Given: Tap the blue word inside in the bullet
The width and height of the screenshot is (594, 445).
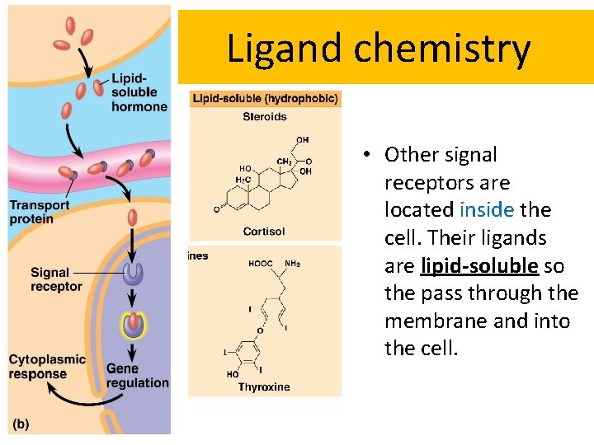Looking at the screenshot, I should pyautogui.click(x=487, y=210).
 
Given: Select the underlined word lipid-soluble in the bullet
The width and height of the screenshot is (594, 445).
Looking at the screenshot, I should pyautogui.click(x=478, y=266).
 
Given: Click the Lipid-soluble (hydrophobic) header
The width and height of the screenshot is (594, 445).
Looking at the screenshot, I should pyautogui.click(x=265, y=99).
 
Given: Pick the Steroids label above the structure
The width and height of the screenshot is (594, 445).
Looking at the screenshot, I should pyautogui.click(x=265, y=117).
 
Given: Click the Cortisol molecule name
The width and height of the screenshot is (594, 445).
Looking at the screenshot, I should pyautogui.click(x=264, y=232).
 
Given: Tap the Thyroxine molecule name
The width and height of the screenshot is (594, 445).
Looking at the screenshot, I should pyautogui.click(x=264, y=386).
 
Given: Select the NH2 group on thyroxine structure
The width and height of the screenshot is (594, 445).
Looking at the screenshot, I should pyautogui.click(x=293, y=265).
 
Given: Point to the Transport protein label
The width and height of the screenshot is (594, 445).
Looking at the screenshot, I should pyautogui.click(x=39, y=212).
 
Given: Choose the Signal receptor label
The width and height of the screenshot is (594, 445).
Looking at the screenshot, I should pyautogui.click(x=56, y=279).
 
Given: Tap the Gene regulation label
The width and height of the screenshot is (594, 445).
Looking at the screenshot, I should pyautogui.click(x=137, y=375).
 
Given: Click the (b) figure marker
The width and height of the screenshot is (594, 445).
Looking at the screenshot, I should pyautogui.click(x=21, y=424).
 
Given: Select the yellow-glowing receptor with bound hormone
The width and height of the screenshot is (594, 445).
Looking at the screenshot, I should pyautogui.click(x=132, y=326).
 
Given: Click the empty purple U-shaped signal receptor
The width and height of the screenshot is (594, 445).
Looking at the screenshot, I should pyautogui.click(x=132, y=274).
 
